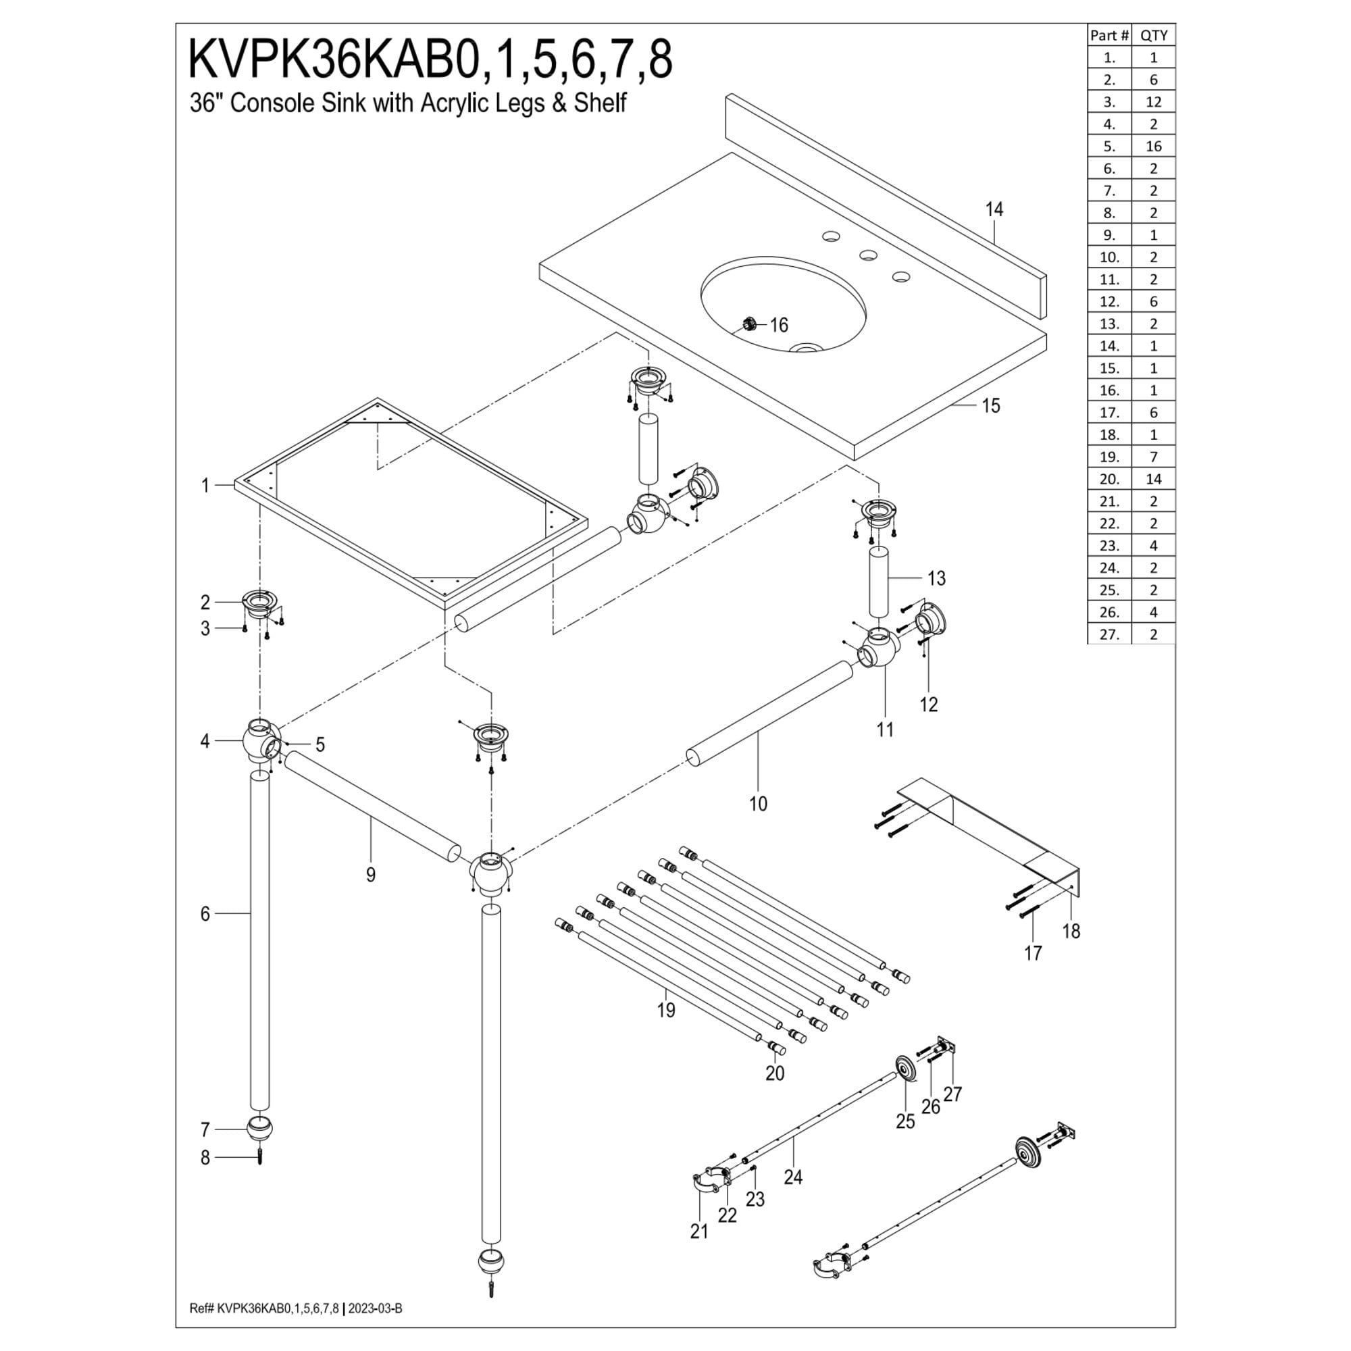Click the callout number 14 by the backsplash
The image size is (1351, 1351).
pyautogui.click(x=994, y=209)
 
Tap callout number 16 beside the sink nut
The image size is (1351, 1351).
pyautogui.click(x=779, y=325)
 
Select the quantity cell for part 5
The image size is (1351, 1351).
pyautogui.click(x=1154, y=146)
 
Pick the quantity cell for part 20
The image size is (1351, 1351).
pyautogui.click(x=1154, y=479)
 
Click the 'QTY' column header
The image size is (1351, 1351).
pyautogui.click(x=1154, y=35)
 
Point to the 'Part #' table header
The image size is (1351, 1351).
pyautogui.click(x=1110, y=35)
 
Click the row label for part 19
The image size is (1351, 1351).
pyautogui.click(x=1110, y=457)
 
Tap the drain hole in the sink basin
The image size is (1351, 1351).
pyautogui.click(x=808, y=347)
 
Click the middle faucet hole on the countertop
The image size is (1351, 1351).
pyautogui.click(x=868, y=255)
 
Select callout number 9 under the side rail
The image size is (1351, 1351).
pyautogui.click(x=371, y=874)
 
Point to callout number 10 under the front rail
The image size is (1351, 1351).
pyautogui.click(x=758, y=804)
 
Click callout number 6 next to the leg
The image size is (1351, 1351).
pyautogui.click(x=205, y=914)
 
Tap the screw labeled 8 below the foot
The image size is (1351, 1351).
pyautogui.click(x=259, y=1158)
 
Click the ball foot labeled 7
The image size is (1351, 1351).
pyautogui.click(x=259, y=1129)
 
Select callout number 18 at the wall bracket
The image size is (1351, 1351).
pyautogui.click(x=1071, y=931)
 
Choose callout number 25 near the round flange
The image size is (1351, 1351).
pyautogui.click(x=905, y=1121)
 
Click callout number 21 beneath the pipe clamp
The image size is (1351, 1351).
pyautogui.click(x=698, y=1231)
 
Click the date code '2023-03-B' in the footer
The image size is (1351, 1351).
pyautogui.click(x=376, y=1308)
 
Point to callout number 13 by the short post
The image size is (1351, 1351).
pyautogui.click(x=936, y=578)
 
